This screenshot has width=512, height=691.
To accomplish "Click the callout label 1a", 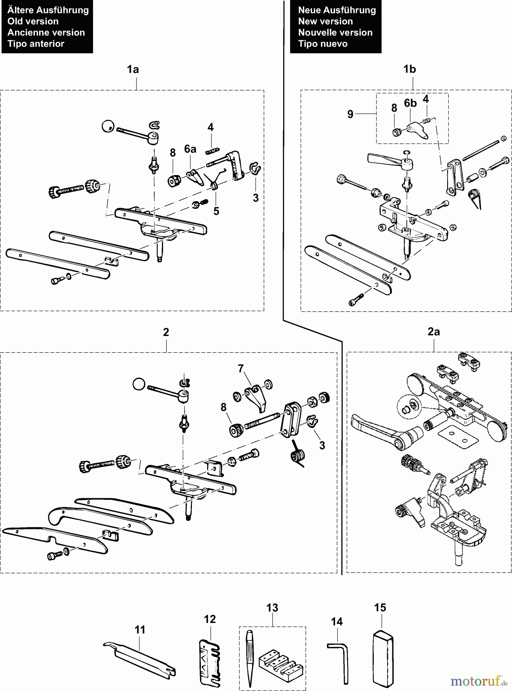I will click(133, 69).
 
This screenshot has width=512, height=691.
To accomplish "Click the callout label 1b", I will click(410, 69).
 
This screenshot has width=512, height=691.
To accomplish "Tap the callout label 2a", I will click(433, 332).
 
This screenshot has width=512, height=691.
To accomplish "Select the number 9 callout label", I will click(350, 114).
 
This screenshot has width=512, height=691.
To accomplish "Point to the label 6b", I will click(410, 103).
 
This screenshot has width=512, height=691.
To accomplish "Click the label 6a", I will click(190, 149).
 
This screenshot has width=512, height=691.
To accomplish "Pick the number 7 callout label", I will click(241, 369).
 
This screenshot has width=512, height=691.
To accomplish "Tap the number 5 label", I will click(216, 211).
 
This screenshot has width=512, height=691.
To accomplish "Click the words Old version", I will click(33, 21).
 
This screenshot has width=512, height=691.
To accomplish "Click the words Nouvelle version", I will click(335, 33).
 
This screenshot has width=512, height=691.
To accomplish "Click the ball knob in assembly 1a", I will click(108, 126).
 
